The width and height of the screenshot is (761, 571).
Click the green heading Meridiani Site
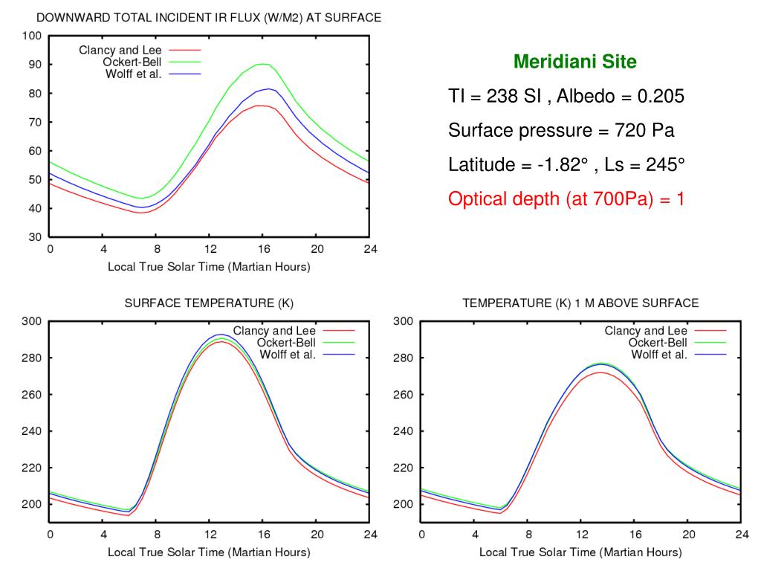(x=575, y=62)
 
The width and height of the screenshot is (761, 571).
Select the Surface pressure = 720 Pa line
(x=561, y=131)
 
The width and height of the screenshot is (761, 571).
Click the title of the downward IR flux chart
(x=209, y=18)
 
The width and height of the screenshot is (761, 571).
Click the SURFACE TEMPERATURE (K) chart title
(x=209, y=303)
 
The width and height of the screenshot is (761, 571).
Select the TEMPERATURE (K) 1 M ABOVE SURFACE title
(x=580, y=303)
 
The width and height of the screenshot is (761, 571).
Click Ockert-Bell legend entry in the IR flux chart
(x=132, y=62)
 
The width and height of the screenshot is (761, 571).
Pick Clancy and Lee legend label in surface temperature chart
(x=274, y=331)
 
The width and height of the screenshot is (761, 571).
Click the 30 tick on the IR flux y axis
(x=34, y=237)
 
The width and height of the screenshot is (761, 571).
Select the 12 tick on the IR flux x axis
(x=210, y=249)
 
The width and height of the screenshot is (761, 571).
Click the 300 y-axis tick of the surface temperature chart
(x=31, y=321)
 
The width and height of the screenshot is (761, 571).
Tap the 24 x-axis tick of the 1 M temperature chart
(x=742, y=535)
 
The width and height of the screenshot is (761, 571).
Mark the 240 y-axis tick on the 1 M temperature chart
(x=403, y=431)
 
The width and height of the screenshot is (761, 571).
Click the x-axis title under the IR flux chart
(x=209, y=267)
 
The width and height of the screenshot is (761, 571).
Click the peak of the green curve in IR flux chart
(x=262, y=64)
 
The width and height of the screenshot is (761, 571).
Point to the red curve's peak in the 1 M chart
(x=600, y=372)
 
